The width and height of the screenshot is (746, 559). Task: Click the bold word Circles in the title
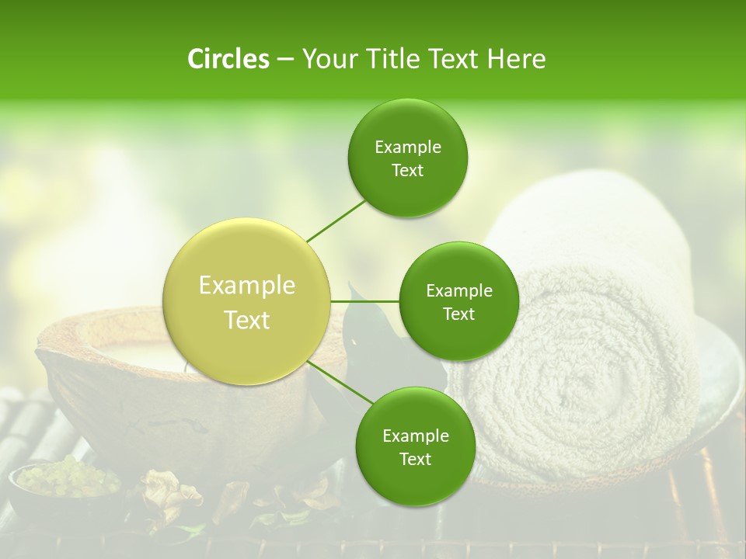click(x=228, y=59)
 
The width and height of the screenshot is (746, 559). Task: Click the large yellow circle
click(x=247, y=302)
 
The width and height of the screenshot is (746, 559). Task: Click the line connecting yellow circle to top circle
click(x=336, y=220)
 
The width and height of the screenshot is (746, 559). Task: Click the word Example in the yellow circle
click(x=247, y=286)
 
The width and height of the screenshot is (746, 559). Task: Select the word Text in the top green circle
click(x=408, y=171)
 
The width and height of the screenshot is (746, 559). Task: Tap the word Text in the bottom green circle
click(x=415, y=460)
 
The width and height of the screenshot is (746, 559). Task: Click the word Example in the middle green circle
click(x=459, y=291)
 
